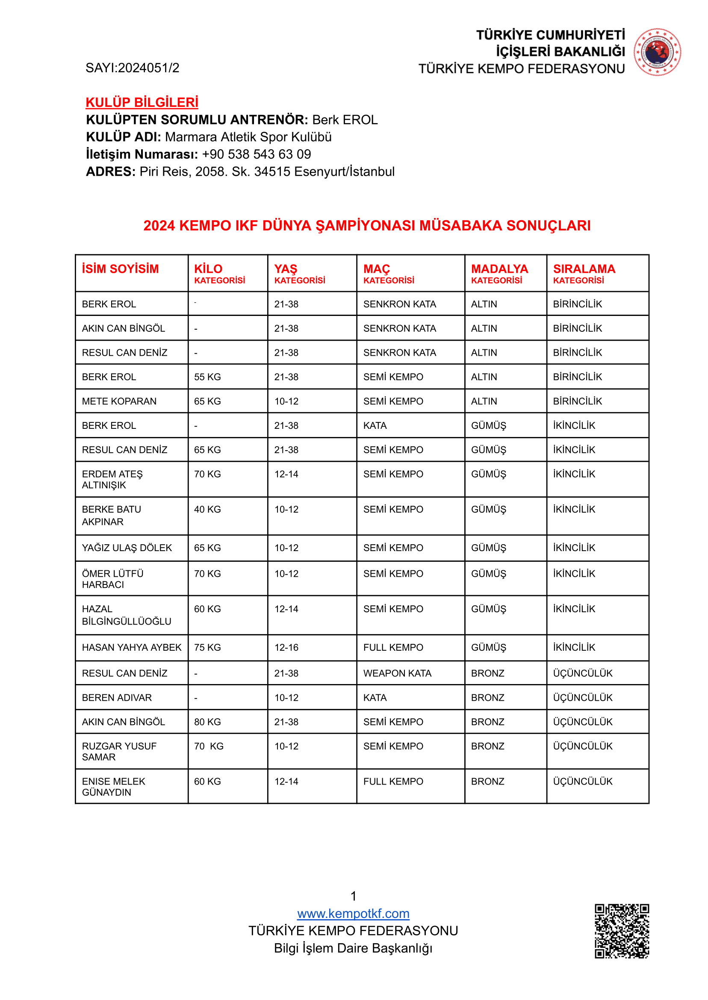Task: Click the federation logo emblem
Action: [x=657, y=52]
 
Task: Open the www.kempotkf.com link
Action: [x=353, y=913]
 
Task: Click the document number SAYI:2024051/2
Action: [x=132, y=68]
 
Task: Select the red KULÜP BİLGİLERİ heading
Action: [x=142, y=103]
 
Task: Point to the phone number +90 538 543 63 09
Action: [x=257, y=154]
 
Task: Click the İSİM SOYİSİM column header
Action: [x=120, y=269]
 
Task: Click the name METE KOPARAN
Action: [x=119, y=401]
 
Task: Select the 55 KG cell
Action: [x=207, y=377]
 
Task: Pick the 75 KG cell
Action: [x=207, y=648]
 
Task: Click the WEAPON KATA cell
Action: [x=397, y=673]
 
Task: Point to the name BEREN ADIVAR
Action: [x=117, y=698]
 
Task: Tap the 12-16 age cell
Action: [x=286, y=648]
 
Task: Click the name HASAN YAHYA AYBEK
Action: [x=132, y=648]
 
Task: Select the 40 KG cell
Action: [x=207, y=510]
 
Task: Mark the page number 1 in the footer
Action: [x=354, y=896]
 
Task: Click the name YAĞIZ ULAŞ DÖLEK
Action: [x=127, y=548]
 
